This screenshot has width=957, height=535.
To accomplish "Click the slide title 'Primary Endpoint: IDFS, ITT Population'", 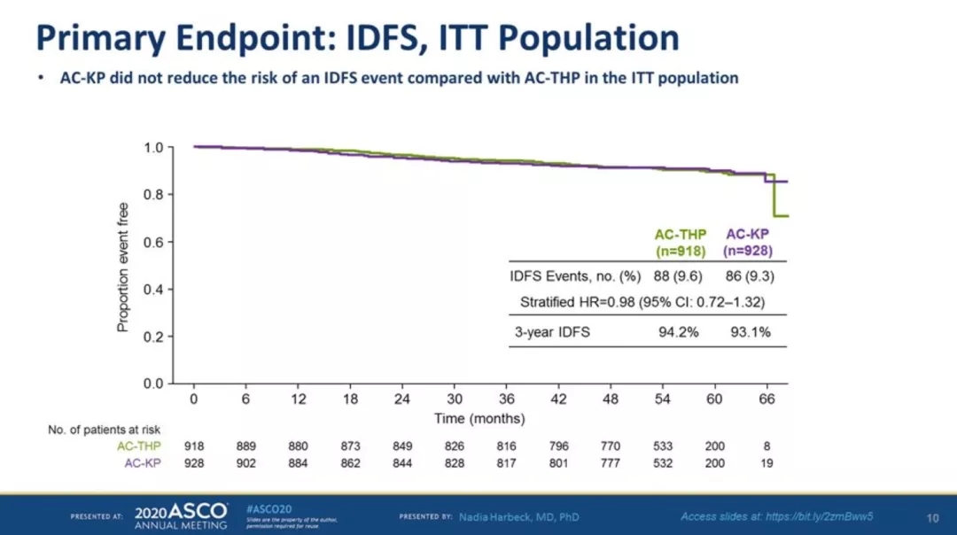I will click(x=357, y=37).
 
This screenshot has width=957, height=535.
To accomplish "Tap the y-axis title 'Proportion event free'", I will click(x=123, y=267).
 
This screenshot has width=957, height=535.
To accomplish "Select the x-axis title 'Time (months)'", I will click(x=479, y=418).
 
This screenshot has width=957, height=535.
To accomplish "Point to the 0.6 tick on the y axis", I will click(x=153, y=242).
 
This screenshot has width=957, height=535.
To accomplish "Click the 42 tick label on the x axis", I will click(x=558, y=399).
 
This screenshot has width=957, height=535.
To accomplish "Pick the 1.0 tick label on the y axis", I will click(x=153, y=147).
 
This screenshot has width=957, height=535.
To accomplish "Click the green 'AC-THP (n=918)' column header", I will click(x=681, y=243).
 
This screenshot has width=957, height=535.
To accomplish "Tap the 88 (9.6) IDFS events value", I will click(x=681, y=276).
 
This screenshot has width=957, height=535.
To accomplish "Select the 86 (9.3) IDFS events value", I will click(x=749, y=276).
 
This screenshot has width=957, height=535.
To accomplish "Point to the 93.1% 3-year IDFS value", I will click(x=749, y=333).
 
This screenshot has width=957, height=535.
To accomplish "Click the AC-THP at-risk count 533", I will click(x=663, y=446).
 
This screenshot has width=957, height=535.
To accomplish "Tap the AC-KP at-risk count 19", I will click(x=767, y=463).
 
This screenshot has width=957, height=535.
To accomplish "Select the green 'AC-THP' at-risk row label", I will click(x=136, y=446).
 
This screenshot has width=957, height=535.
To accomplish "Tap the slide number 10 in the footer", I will click(x=932, y=517).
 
